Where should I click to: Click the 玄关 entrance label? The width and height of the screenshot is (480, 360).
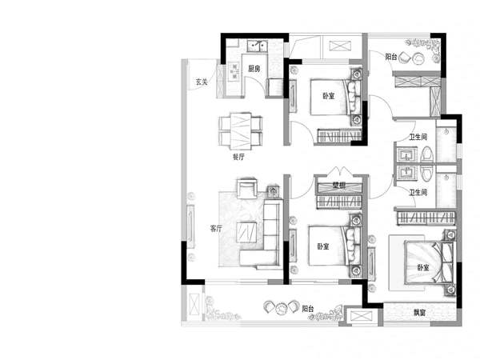202,82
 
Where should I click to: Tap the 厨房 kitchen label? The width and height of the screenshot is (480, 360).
254,69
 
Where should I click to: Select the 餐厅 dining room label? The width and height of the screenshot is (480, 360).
238,157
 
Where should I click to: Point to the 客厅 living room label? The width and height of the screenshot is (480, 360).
216,228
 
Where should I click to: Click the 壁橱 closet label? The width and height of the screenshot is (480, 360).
339,185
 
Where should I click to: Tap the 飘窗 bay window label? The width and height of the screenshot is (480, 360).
420,313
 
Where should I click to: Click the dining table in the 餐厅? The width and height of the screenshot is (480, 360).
241,131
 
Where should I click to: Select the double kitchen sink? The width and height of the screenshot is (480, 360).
257,46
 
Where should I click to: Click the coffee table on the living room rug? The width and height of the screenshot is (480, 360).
246,232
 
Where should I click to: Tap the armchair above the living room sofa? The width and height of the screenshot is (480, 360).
247,189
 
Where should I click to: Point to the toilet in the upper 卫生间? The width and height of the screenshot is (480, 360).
427,154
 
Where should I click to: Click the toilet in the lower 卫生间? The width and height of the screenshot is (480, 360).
426,174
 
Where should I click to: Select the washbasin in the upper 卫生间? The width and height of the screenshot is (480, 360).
407,154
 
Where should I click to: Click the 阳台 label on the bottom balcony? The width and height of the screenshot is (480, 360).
308,309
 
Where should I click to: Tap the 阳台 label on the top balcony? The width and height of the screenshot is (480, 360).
391,57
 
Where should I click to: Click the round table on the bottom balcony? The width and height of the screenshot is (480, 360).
281,309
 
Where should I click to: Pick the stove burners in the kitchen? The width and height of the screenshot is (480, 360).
234,71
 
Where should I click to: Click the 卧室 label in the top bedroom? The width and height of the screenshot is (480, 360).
329,96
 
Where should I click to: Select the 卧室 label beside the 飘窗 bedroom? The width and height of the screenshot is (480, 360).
423,268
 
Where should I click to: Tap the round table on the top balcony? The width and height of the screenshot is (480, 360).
418,58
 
